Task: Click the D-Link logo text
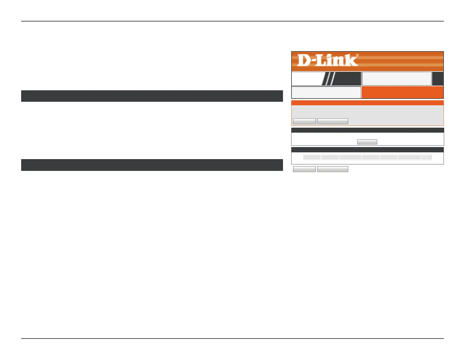(x=327, y=60)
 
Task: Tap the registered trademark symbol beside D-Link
(x=357, y=55)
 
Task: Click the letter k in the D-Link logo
(x=352, y=60)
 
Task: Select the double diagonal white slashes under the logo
(x=328, y=79)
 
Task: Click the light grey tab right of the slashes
(x=396, y=79)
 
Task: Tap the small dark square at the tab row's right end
(x=438, y=79)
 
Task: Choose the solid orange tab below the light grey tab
(x=402, y=92)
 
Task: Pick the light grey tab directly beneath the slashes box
(x=326, y=92)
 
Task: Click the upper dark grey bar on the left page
(x=152, y=96)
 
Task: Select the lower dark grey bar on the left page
(x=152, y=165)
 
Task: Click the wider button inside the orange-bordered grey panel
(x=333, y=121)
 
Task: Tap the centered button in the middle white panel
(x=367, y=142)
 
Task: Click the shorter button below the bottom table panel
(x=304, y=169)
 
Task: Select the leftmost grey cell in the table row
(x=312, y=157)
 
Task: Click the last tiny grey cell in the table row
(x=429, y=157)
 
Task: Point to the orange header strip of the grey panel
(x=367, y=103)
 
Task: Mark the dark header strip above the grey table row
(x=367, y=150)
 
